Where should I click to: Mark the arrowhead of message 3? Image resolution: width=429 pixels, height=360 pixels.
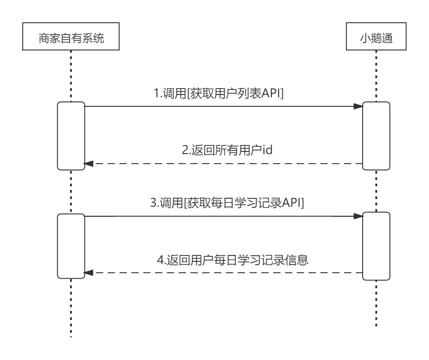point(358,217)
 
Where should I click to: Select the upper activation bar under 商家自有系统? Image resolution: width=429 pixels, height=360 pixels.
point(71,136)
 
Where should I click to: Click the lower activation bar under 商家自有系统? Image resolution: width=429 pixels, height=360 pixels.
point(71,246)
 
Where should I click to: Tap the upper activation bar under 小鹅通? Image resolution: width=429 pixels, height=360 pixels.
point(376,136)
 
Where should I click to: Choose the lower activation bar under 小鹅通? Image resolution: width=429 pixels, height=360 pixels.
point(376,246)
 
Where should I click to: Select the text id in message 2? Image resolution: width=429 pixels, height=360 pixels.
point(267,150)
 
